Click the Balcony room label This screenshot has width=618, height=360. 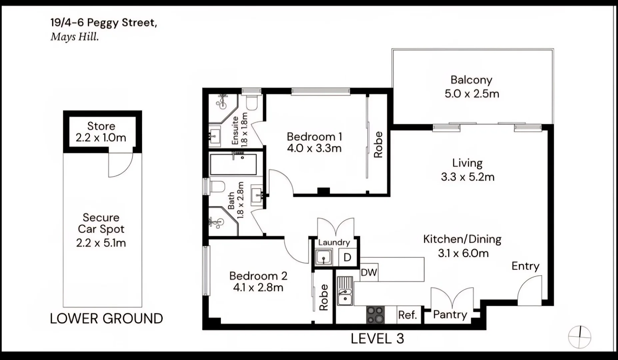click(471, 80)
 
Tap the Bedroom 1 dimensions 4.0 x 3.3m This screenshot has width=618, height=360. click(314, 148)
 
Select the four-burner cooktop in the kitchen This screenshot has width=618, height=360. click(375, 314)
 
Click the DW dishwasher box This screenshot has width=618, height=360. click(369, 273)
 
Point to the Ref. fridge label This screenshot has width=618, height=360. click(407, 315)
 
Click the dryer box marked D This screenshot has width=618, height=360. click(347, 257)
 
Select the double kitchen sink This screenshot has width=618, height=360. click(345, 296)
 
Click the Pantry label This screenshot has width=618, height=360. click(450, 315)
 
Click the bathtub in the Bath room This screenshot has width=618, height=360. click(234, 164)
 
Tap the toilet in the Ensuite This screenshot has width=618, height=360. click(252, 103)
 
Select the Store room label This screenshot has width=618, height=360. click(101, 126)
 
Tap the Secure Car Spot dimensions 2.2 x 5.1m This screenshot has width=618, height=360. click(101, 243)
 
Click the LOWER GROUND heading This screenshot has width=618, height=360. click(106, 319)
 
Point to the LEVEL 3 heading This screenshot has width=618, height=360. click(377, 339)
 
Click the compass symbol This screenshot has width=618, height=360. click(579, 337)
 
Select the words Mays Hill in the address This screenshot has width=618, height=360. click(75, 37)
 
